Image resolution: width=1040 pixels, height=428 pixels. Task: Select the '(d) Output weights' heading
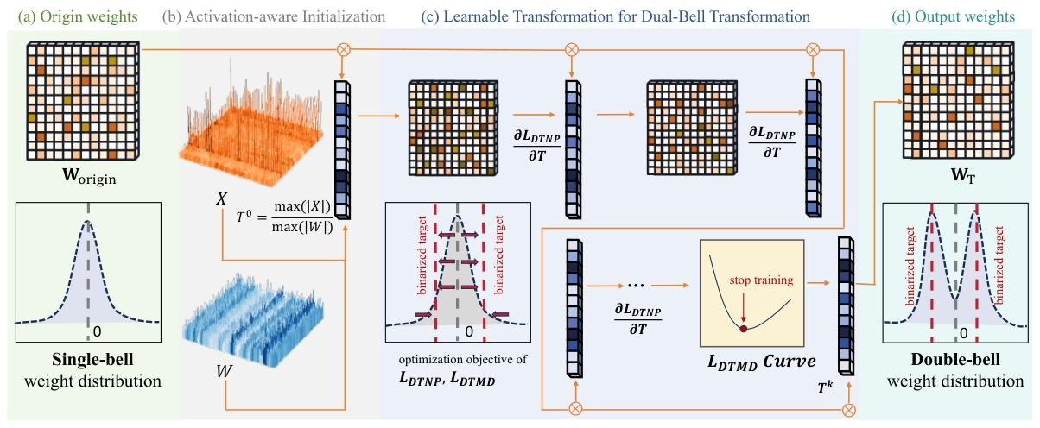[x=947, y=16]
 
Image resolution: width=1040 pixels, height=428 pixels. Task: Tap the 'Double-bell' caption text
[x=954, y=360]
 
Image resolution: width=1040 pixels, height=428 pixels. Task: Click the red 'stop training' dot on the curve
[x=743, y=328]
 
